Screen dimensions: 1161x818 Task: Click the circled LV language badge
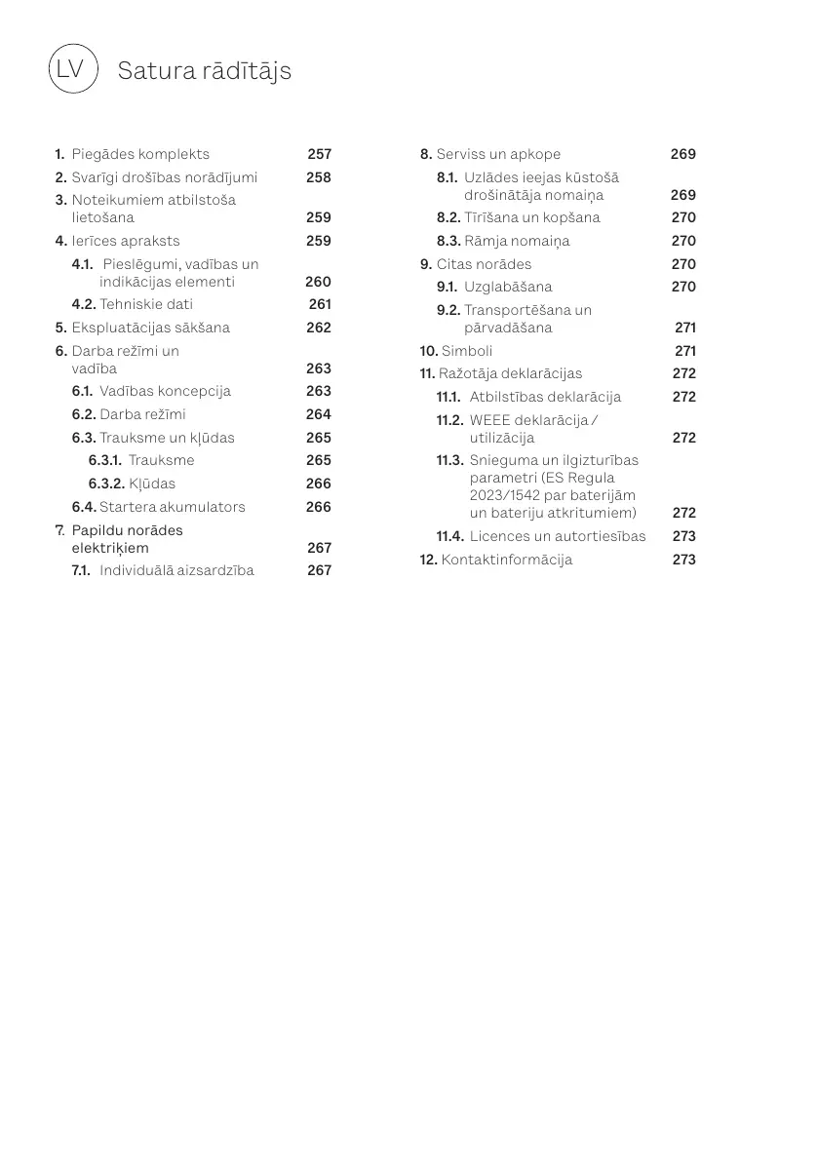coord(73,69)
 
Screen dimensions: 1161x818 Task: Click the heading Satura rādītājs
coord(204,71)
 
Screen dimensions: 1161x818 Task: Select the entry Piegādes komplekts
coord(140,154)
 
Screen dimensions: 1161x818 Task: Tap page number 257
coord(320,154)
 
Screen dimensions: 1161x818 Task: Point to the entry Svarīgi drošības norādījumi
coord(165,177)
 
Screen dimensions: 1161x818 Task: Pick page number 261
coord(320,304)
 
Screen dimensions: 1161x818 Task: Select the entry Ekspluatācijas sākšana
coord(151,328)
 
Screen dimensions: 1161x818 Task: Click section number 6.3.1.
coord(105,460)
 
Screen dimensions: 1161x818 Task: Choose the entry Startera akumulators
coord(173,507)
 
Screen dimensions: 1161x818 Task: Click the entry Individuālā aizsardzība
coord(176,570)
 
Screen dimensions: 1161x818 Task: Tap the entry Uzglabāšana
coord(508,287)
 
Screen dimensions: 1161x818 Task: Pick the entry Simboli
coord(467,351)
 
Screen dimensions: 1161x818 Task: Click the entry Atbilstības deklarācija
coord(545,397)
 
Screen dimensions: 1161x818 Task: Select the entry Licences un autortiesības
coord(558,536)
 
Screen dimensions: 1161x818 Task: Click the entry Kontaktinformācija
coord(507,560)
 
